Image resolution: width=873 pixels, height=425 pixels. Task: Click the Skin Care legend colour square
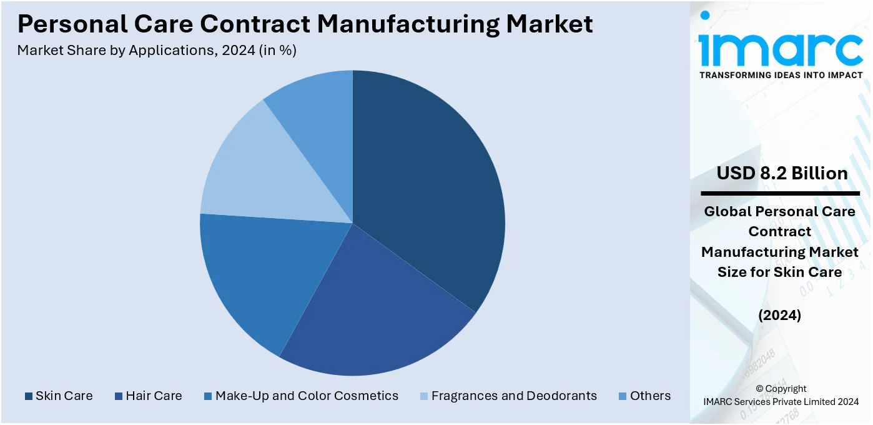point(28,396)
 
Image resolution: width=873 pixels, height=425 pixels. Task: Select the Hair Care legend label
point(154,396)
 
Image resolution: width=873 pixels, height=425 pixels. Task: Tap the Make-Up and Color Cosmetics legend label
point(307,396)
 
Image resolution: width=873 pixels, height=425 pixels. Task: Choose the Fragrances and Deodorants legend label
point(514,396)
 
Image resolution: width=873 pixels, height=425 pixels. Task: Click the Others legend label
point(650,396)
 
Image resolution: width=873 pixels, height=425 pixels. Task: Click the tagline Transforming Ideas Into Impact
point(781,75)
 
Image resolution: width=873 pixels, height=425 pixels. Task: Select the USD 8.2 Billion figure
point(782,173)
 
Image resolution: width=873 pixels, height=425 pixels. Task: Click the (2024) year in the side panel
point(780,316)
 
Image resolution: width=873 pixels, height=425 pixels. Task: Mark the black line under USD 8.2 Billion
point(780,193)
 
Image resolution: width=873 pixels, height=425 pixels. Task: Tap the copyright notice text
point(781,395)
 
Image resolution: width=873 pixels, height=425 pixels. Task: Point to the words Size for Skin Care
point(780,272)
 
